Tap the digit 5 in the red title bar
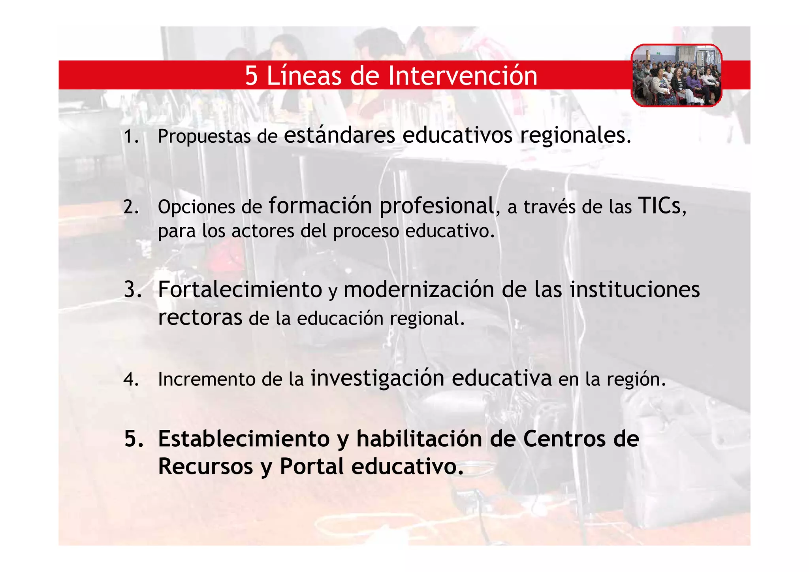pos(251,76)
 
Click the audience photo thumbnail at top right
pos(676,76)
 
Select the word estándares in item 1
pos(339,135)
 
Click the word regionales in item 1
pos(575,136)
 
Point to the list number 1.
pos(131,137)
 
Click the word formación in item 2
pos(320,206)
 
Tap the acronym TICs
pos(660,206)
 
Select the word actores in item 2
pos(263,231)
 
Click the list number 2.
pos(131,207)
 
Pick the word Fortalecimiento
pos(240,289)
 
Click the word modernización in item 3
pos(419,289)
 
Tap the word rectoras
pos(200,317)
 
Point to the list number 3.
pos(132,289)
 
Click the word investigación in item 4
pos(377,378)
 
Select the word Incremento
pos(206,379)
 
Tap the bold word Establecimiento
pos(243,439)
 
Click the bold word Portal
pos(312,466)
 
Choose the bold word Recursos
pos(205,466)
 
